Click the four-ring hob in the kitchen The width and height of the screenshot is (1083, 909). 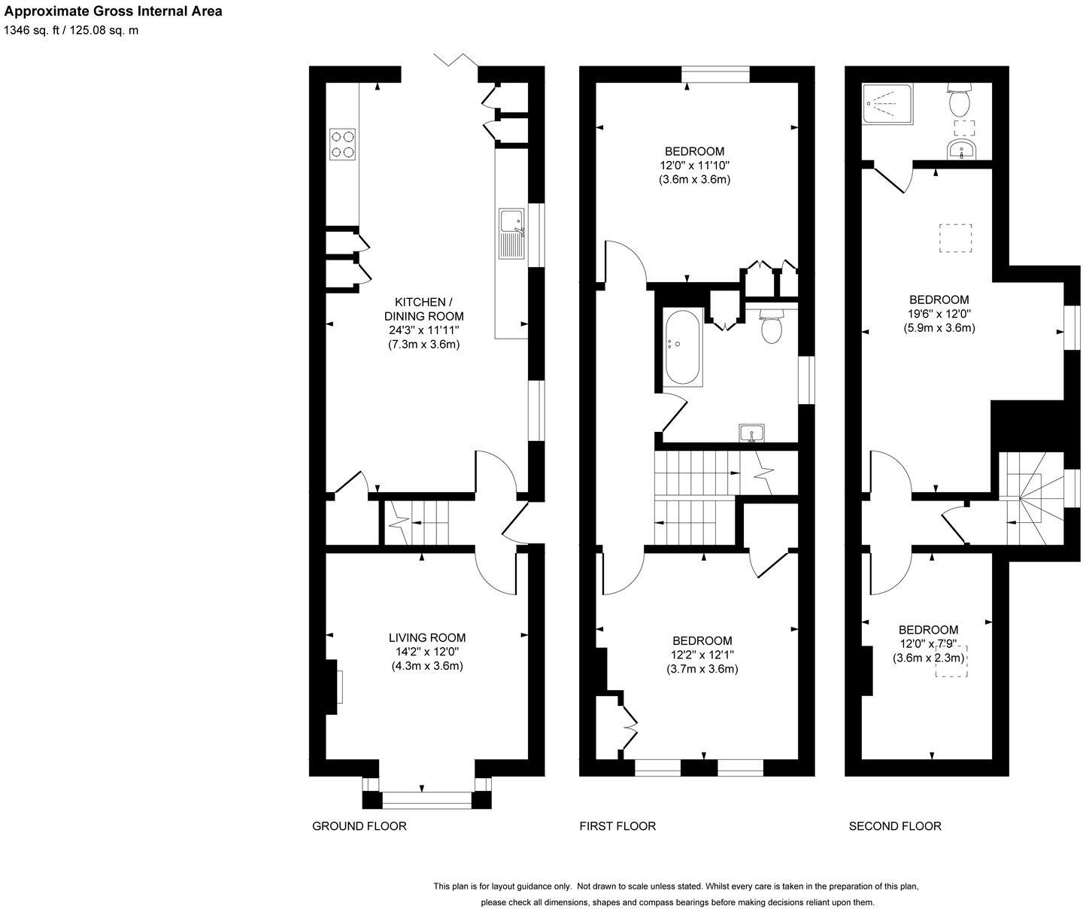(342, 144)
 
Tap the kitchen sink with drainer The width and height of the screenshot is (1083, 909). (511, 233)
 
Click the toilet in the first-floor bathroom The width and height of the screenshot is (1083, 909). (772, 327)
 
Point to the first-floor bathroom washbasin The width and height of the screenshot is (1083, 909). (751, 433)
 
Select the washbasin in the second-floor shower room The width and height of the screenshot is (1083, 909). (961, 150)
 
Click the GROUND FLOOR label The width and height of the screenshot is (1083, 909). (359, 826)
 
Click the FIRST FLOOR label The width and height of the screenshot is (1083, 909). (617, 826)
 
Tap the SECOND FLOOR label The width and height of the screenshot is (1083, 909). (894, 826)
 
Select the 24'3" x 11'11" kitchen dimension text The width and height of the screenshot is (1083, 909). (423, 330)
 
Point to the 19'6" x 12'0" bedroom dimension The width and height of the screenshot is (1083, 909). (939, 314)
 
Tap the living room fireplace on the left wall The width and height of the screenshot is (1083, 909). (333, 687)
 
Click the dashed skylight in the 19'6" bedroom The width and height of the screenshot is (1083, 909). (955, 239)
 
